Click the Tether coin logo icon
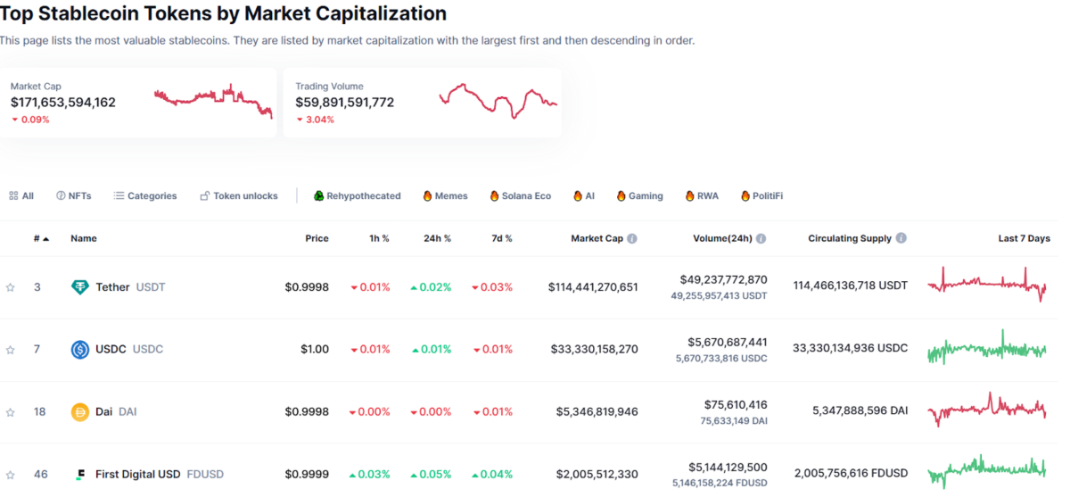tap(80, 287)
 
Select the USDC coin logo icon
tap(80, 350)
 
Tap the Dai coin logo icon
tap(80, 412)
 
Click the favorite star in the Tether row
tap(11, 287)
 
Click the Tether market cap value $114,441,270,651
tap(593, 287)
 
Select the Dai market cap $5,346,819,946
tap(597, 412)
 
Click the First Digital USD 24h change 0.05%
tap(431, 475)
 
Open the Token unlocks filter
tap(238, 196)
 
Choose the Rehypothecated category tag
tap(357, 196)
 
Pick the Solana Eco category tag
tap(520, 196)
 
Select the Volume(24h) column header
tap(722, 239)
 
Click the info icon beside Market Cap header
tap(632, 239)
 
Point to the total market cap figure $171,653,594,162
tap(63, 103)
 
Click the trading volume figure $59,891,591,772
tap(345, 103)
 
